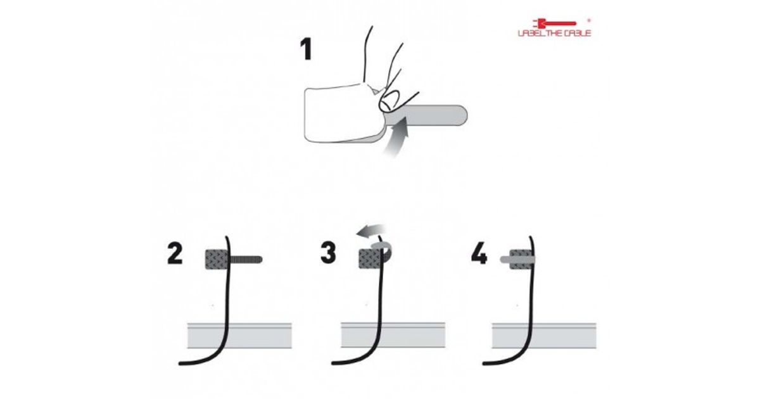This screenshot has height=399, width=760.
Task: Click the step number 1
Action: coord(307,49)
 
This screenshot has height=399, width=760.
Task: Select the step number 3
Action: coord(328,253)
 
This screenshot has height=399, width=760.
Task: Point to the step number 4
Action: coord(479,253)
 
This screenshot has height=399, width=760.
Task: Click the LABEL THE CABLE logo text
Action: coord(554,33)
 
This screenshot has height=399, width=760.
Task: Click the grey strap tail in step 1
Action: coord(431,115)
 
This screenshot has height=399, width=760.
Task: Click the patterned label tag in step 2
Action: coord(217,260)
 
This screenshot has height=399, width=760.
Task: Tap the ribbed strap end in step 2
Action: coord(246,260)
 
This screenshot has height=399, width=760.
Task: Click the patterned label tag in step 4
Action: coord(521,260)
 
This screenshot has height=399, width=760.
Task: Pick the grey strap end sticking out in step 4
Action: coord(505,260)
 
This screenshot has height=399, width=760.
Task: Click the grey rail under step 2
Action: coord(239,336)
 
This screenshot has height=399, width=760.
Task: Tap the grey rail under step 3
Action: coord(393,335)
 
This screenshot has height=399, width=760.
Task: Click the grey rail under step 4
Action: coord(544,336)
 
